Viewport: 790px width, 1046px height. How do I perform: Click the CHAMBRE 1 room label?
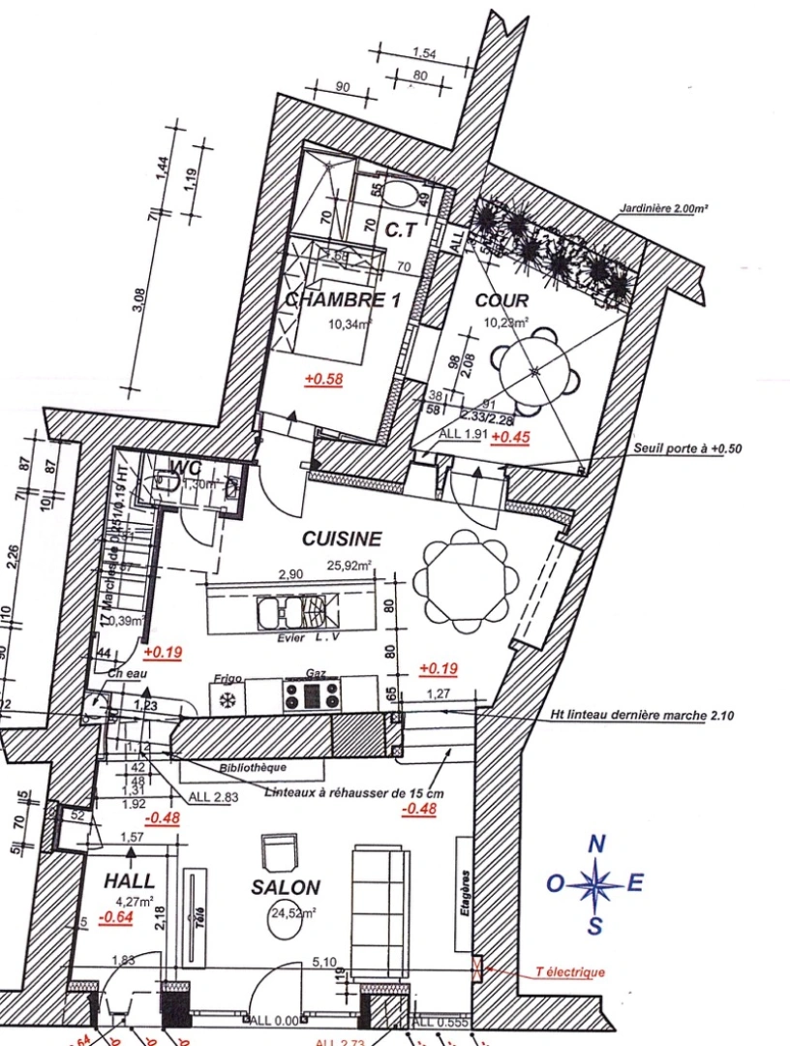pos(342,300)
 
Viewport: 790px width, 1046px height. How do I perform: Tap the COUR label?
pos(501,300)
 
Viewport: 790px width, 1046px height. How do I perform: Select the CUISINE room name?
pos(342,538)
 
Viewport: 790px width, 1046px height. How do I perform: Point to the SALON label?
pos(286,887)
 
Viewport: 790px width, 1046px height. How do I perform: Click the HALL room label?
pos(129,881)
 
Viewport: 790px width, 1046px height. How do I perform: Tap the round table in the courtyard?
pos(535,372)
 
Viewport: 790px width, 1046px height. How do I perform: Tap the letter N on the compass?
pos(597,845)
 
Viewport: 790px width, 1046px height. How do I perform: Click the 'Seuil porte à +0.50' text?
pos(688,449)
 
